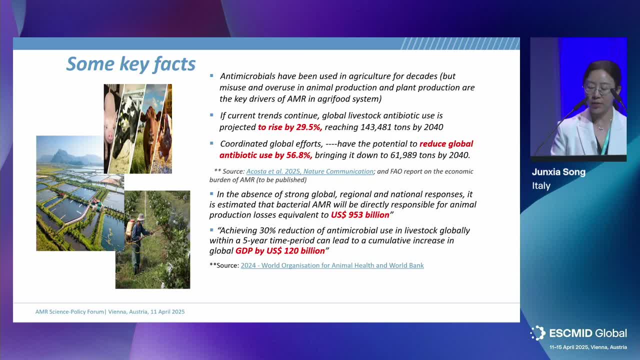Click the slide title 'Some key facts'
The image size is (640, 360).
coord(131,64)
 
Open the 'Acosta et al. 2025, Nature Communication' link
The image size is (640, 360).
coord(310,171)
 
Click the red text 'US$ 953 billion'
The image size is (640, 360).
coord(360,215)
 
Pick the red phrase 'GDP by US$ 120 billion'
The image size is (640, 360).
coord(280,251)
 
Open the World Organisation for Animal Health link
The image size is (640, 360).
coord(332,265)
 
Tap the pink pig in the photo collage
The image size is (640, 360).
coord(111,120)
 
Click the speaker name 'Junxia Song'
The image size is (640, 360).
coord(558,172)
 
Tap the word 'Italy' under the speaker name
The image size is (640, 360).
coord(541,185)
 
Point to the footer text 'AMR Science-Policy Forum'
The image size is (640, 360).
coord(69,311)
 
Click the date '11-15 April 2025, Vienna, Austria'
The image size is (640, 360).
coord(588,347)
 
